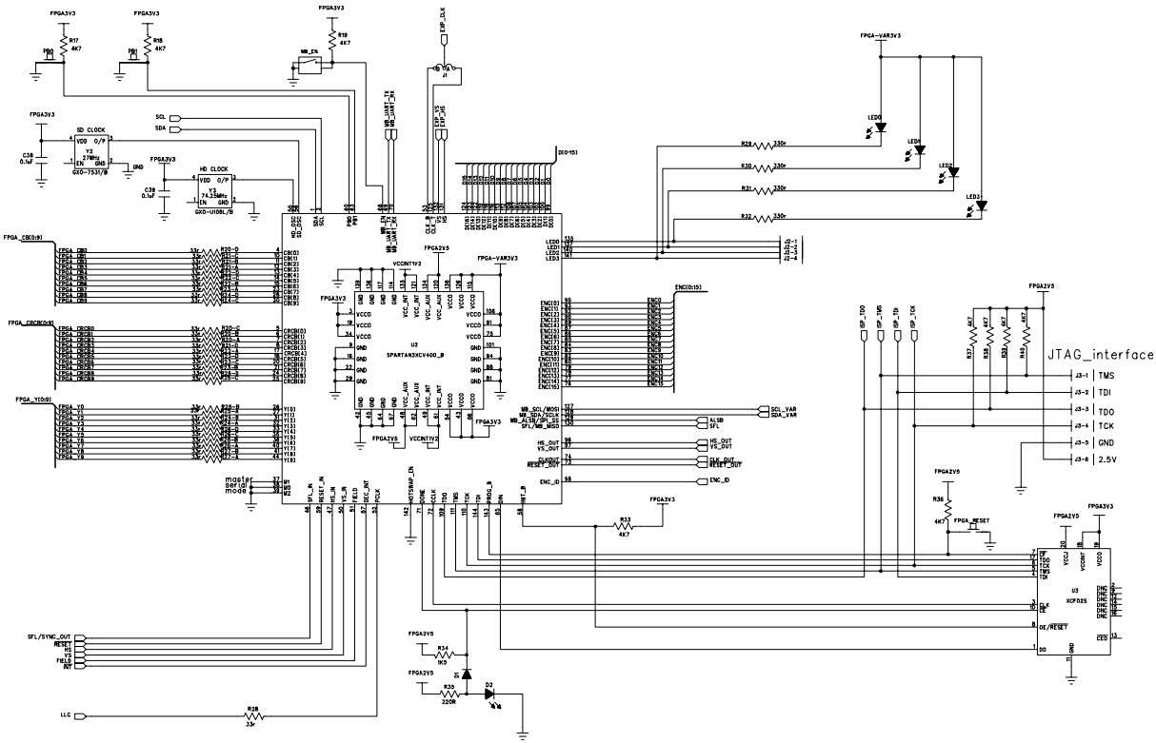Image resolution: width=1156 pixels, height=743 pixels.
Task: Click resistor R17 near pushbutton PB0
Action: (x=63, y=45)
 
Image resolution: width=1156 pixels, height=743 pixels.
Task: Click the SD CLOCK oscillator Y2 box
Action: (x=90, y=152)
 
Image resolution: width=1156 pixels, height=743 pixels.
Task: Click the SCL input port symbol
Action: (x=175, y=117)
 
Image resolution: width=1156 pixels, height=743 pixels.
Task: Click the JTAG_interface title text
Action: (x=1100, y=355)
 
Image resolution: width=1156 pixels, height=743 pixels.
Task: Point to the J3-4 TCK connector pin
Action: (x=1090, y=426)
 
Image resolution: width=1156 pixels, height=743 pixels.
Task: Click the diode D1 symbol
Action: (x=467, y=675)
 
